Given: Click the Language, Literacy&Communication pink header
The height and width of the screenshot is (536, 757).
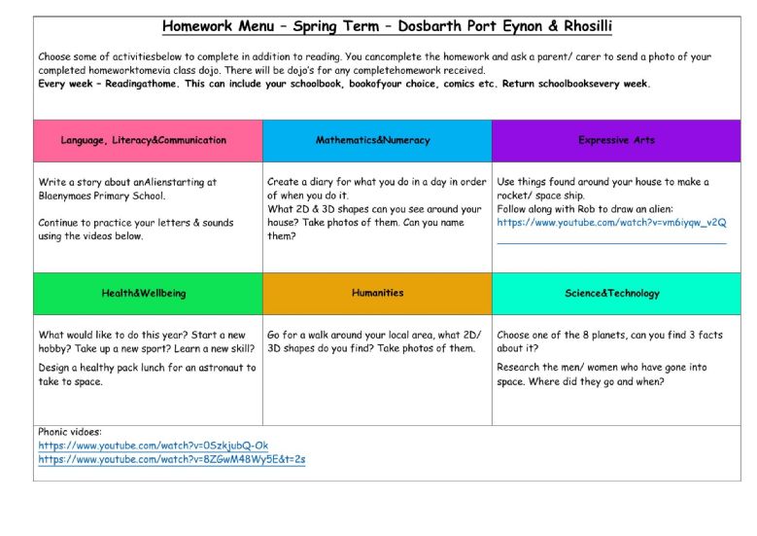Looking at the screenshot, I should (x=143, y=140).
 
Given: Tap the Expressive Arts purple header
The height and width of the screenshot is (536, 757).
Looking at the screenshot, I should (x=616, y=140).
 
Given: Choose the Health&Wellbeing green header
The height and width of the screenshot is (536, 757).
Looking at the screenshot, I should (x=143, y=293).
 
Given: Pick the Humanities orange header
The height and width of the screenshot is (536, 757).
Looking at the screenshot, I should (x=377, y=293).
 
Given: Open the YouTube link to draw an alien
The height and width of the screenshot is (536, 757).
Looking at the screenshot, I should (x=611, y=223).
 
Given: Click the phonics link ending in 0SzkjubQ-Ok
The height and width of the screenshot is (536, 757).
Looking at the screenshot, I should (x=154, y=446).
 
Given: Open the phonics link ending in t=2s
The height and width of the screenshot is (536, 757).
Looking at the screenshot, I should (x=172, y=459).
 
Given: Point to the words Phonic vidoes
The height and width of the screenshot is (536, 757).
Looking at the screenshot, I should (x=70, y=431).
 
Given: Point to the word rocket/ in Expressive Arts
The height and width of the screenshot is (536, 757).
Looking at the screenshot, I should (x=515, y=196).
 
